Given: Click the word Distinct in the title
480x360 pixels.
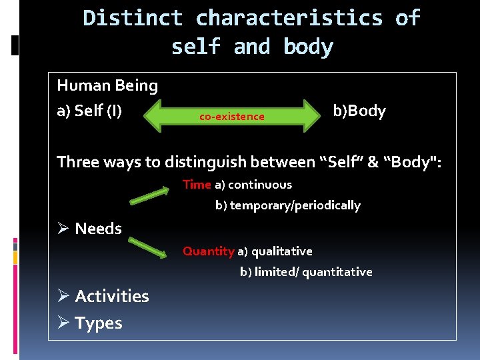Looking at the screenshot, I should (x=133, y=18).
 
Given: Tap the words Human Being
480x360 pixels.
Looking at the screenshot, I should (x=107, y=85).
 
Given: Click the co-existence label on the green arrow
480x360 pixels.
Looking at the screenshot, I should (x=231, y=117).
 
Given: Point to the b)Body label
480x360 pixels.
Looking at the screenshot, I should (x=359, y=111).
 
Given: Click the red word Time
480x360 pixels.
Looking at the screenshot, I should (x=197, y=185).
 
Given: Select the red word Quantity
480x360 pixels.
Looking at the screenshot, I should (x=208, y=251).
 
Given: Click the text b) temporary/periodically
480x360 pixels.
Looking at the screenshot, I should (x=287, y=205).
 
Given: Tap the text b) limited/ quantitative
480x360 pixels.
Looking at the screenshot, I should (x=306, y=272).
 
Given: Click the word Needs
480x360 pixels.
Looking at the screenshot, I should (x=98, y=229).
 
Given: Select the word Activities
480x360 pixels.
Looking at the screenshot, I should (x=112, y=296).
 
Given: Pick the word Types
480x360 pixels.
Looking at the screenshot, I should (x=99, y=323).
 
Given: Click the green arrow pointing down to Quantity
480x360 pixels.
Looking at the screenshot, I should (x=148, y=247).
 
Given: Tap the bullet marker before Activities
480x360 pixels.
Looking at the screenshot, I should (x=64, y=295).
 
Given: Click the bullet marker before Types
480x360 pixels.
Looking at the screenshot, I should (x=64, y=323).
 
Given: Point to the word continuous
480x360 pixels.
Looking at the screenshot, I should (x=260, y=185).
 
